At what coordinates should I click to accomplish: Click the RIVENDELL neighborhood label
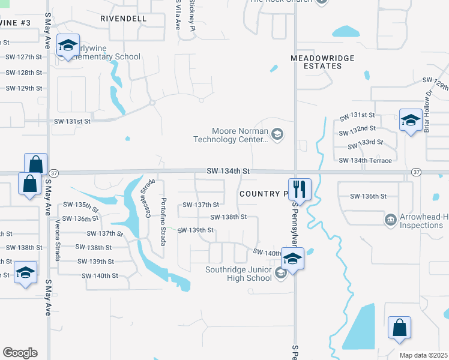[x=123, y=19]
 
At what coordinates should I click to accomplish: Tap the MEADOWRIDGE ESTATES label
[x=322, y=62]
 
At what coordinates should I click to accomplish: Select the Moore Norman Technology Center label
[x=231, y=135]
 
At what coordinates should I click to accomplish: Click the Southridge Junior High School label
[x=238, y=274]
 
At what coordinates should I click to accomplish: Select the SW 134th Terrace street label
[x=365, y=161]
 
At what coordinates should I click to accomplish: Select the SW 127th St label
[x=23, y=58]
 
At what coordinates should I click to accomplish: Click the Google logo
[x=20, y=353]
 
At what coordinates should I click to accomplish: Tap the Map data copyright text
[x=424, y=355]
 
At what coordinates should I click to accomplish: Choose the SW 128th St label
[x=23, y=73]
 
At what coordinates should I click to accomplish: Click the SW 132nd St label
[x=357, y=128]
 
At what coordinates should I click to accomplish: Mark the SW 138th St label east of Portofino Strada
[x=228, y=217]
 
